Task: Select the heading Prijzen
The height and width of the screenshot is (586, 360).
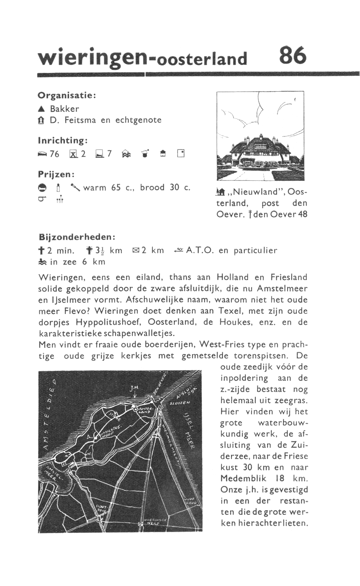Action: click(56, 173)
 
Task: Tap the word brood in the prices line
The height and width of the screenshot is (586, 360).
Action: click(152, 188)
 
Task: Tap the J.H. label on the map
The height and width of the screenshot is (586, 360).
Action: click(134, 389)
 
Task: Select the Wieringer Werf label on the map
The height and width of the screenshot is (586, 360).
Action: click(154, 522)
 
